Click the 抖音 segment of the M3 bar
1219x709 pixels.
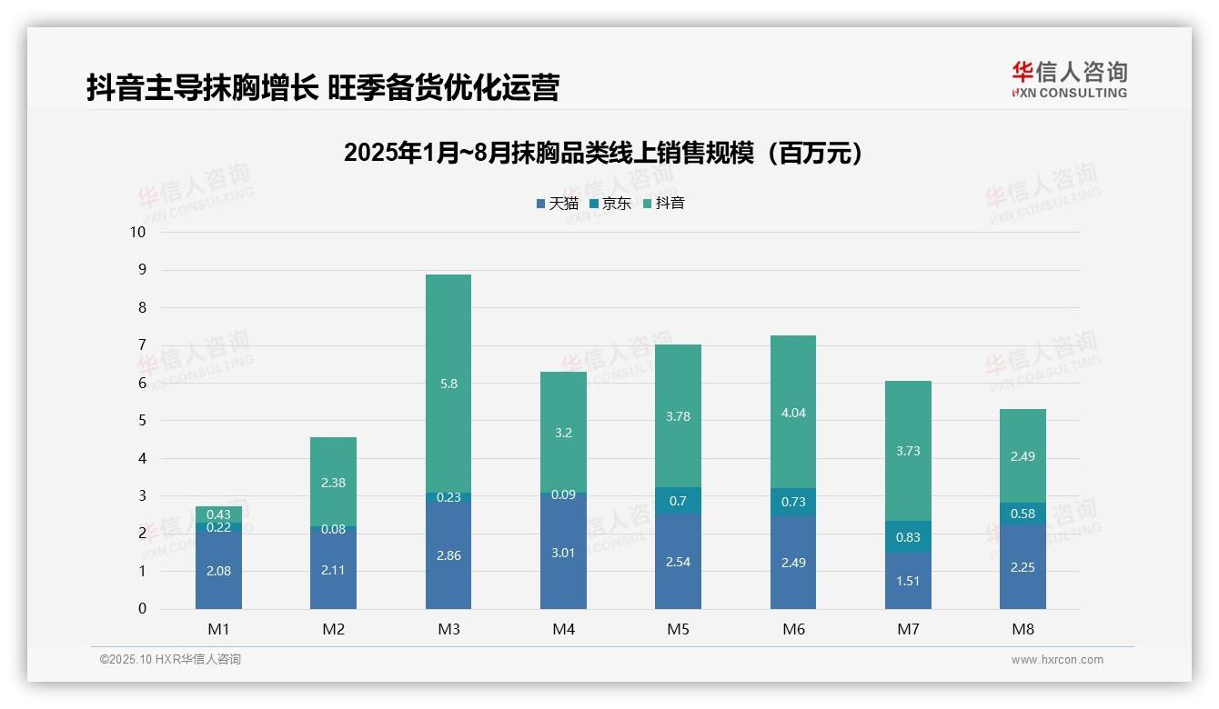coord(448,384)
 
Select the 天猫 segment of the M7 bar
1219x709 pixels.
coord(908,581)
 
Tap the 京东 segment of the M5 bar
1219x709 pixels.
coord(678,501)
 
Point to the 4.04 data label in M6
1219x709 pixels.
coord(793,413)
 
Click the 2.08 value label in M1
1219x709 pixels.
coord(218,571)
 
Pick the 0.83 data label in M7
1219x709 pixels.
coord(908,537)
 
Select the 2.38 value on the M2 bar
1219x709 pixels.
coord(333,483)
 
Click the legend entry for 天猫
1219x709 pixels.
coord(558,204)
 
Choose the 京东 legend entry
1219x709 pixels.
coord(610,204)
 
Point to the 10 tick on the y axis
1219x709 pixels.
coord(137,232)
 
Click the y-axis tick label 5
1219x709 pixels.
coord(142,421)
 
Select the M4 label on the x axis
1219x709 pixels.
coord(563,629)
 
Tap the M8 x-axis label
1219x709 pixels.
coord(1023,629)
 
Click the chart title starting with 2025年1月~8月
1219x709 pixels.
coord(602,154)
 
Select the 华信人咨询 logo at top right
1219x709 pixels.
coord(1069,79)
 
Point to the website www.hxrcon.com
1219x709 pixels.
coord(1057,660)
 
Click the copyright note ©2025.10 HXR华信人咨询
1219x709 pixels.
coord(170,660)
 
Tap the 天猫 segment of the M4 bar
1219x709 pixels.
coord(563,552)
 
